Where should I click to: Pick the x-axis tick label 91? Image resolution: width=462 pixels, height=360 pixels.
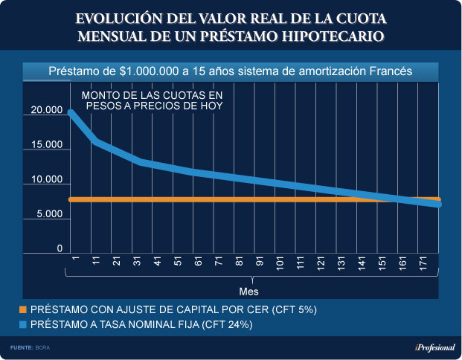click(260, 264)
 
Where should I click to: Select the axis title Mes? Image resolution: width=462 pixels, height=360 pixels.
click(248, 290)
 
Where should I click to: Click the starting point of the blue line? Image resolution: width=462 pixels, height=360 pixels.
click(71, 113)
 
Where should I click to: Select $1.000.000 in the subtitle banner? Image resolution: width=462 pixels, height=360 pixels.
click(147, 71)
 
